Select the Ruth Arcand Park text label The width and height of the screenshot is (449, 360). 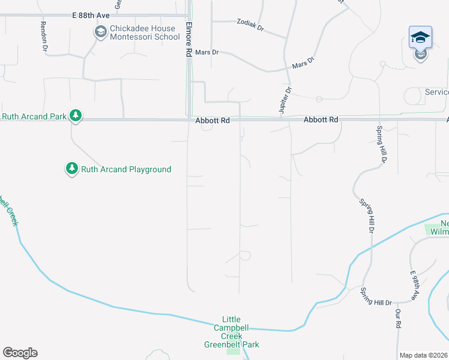click(33, 116)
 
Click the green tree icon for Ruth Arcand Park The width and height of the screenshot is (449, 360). click(75, 115)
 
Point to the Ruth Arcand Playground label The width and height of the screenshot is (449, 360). click(127, 169)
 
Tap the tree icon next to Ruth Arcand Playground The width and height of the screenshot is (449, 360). click(72, 169)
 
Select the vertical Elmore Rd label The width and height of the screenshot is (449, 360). click(188, 40)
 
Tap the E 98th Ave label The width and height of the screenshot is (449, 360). click(414, 285)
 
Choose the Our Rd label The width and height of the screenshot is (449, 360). click(397, 319)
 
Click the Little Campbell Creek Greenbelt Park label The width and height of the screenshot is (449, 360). click(232, 332)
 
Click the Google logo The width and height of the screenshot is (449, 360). click(20, 353)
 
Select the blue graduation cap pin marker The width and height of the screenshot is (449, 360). click(420, 37)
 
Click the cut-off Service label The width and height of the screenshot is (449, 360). click(436, 92)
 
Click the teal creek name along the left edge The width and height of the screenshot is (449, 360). click(8, 209)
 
